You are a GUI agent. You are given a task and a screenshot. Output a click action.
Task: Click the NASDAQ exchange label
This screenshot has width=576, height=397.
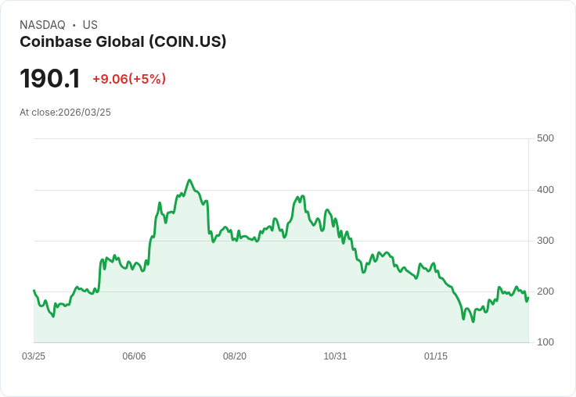pyautogui.click(x=42, y=25)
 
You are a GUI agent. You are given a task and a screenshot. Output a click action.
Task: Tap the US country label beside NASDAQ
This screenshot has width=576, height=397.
pyautogui.click(x=90, y=25)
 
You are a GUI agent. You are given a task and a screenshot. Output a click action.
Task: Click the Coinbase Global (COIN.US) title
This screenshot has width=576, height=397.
pyautogui.click(x=123, y=41)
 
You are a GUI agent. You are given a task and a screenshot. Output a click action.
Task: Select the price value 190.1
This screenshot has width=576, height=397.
pyautogui.click(x=50, y=78)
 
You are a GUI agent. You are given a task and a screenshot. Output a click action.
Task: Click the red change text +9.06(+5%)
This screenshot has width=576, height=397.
pyautogui.click(x=129, y=79)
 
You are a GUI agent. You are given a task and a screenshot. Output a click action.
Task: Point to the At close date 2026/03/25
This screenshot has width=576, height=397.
pyautogui.click(x=65, y=113)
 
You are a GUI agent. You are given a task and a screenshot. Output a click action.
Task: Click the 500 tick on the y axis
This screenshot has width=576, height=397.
pyautogui.click(x=545, y=138)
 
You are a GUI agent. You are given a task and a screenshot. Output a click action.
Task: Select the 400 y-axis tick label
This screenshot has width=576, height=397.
pyautogui.click(x=545, y=189)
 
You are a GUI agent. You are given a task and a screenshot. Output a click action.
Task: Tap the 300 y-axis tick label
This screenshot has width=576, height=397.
pyautogui.click(x=545, y=240)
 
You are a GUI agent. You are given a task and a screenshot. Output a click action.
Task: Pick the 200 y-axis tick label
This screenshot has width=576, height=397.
pyautogui.click(x=545, y=291)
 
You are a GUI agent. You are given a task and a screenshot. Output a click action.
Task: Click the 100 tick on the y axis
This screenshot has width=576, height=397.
pyautogui.click(x=545, y=342)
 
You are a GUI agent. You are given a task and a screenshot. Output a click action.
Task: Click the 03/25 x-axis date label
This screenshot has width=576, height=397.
pyautogui.click(x=34, y=356)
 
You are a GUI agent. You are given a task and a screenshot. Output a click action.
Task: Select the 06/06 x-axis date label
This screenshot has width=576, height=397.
pyautogui.click(x=134, y=356)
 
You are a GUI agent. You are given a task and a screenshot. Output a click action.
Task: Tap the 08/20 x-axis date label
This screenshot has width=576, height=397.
pyautogui.click(x=235, y=356)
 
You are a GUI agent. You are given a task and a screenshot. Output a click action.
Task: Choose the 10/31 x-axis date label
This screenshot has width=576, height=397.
pyautogui.click(x=335, y=356)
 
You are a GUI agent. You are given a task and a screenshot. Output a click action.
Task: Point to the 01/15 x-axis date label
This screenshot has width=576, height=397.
pyautogui.click(x=436, y=356)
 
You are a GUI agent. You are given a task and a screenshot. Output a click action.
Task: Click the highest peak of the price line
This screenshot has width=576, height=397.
pyautogui.click(x=189, y=180)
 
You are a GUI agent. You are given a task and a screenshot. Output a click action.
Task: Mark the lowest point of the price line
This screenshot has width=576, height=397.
pyautogui.click(x=473, y=321)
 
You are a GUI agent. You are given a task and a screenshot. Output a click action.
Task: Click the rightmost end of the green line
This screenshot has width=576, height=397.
pyautogui.click(x=528, y=297)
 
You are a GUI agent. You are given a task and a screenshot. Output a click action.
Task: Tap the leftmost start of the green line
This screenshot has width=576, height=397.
pyautogui.click(x=34, y=290)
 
